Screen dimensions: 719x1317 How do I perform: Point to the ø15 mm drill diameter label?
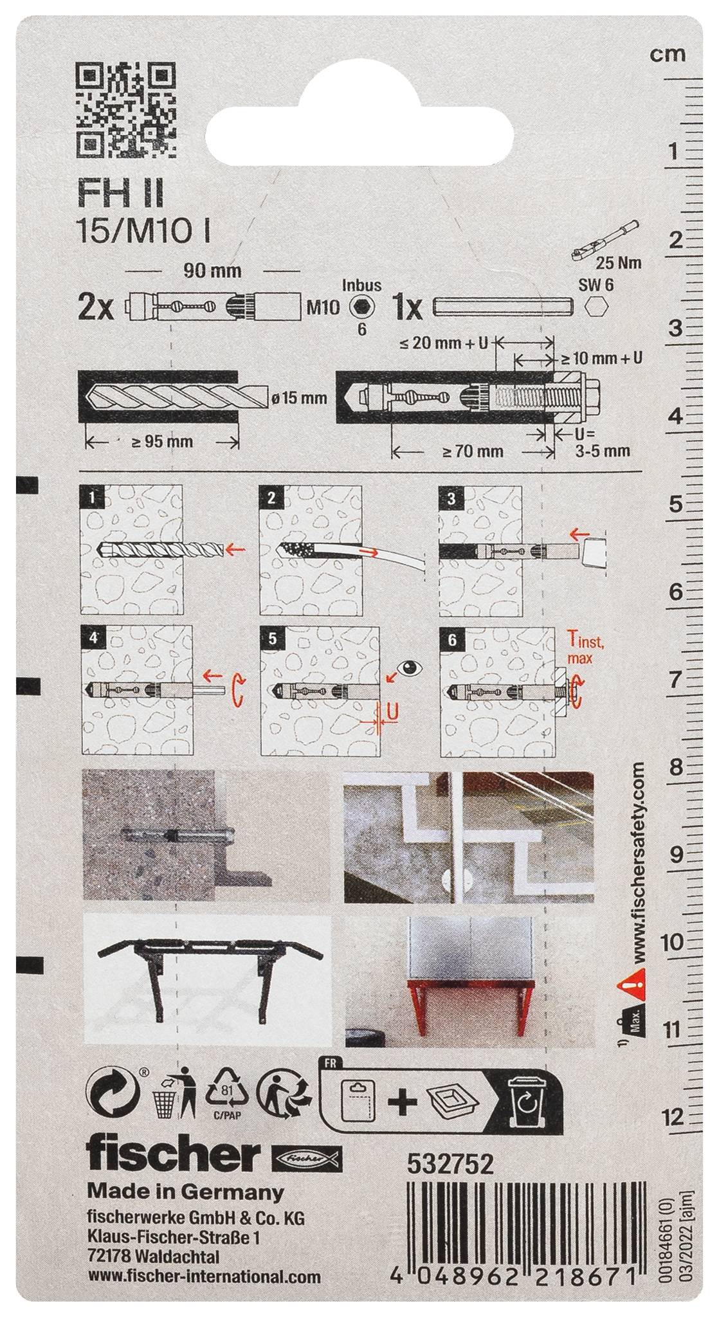(299, 399)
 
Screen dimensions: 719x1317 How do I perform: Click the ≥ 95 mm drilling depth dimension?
(161, 442)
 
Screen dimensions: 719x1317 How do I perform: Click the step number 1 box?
(95, 498)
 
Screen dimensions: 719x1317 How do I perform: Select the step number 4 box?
(95, 639)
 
